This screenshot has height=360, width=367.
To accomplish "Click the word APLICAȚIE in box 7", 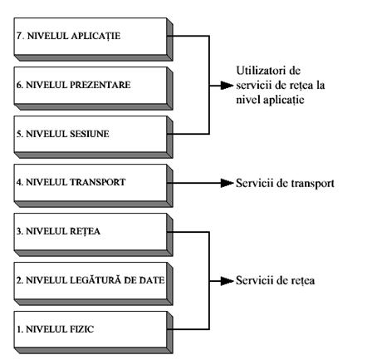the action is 95,37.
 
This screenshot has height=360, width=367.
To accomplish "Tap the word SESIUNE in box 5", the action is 90,134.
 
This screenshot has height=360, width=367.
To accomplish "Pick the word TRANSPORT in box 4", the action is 97,182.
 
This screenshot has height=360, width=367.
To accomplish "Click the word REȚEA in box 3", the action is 85,232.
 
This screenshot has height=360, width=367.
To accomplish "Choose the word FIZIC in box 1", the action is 81,329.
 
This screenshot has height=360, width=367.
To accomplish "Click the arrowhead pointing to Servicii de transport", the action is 227,183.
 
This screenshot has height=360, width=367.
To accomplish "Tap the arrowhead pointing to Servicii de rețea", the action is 227,281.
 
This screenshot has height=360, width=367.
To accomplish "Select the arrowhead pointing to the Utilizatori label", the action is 227,86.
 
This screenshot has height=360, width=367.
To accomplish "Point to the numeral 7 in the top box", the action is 19,36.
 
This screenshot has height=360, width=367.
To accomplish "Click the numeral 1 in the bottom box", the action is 19,329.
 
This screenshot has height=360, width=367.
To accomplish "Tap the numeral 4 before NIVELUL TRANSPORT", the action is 19,182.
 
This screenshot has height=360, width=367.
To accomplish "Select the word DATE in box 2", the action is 152,280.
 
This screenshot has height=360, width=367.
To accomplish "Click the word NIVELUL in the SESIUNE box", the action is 46,134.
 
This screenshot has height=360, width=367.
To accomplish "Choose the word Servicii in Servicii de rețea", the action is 254,281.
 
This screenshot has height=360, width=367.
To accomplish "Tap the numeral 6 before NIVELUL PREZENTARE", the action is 19,85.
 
